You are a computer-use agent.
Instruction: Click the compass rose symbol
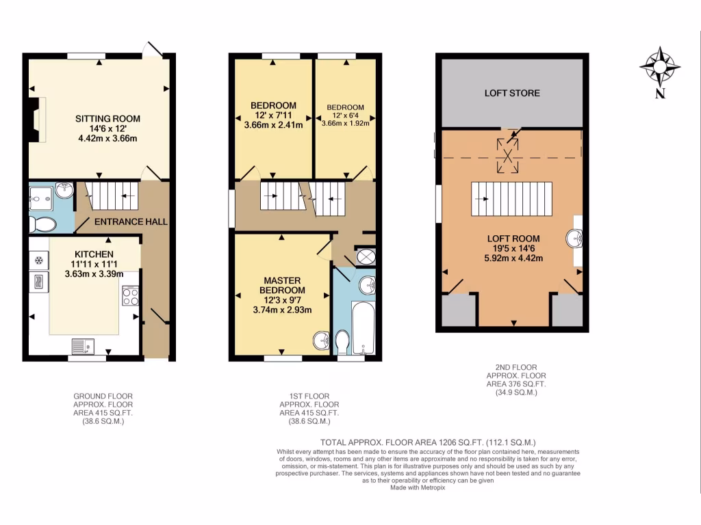coord(659,67)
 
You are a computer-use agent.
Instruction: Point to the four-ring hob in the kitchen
coord(130,295)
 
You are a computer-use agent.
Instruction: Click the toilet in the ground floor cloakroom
coord(44,224)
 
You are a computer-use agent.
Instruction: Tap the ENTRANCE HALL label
coord(130,221)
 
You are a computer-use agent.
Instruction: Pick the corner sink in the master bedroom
coord(320,339)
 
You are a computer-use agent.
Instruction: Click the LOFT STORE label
coord(512,93)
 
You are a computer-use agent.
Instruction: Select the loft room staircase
coord(511,198)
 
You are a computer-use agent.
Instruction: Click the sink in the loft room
coord(574,239)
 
